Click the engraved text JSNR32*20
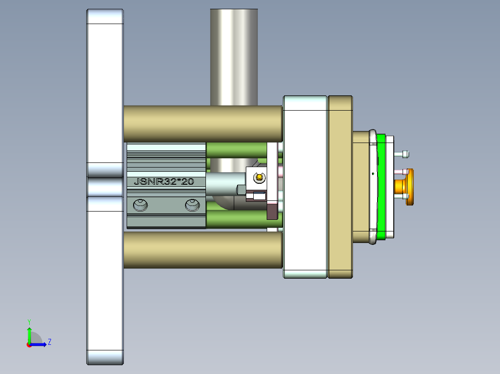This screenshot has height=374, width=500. pyautogui.click(x=163, y=182)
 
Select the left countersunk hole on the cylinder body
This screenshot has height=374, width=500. pyautogui.click(x=140, y=205)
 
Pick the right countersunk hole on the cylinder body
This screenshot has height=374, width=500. pyautogui.click(x=192, y=205)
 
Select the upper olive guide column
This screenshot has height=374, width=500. pyautogui.click(x=203, y=124)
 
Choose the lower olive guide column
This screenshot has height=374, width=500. pyautogui.click(x=203, y=249)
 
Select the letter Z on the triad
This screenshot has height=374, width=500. pyautogui.click(x=49, y=342)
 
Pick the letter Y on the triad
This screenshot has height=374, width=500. pyautogui.click(x=29, y=321)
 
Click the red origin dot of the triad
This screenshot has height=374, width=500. pyautogui.click(x=29, y=344)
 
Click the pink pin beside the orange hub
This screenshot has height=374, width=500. pyautogui.click(x=400, y=172)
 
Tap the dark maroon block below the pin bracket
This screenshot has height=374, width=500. pyautogui.click(x=272, y=211)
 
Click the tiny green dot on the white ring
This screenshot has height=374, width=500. pyautogui.click(x=373, y=174)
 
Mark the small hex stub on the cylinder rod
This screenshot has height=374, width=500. pyautogui.click(x=241, y=189)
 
